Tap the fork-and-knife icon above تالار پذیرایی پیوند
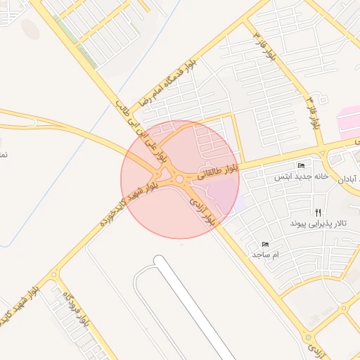(318, 211)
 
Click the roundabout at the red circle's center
(179, 179)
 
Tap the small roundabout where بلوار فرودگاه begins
(53, 275)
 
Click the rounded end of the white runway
(160, 262)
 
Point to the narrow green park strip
(76, 42)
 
